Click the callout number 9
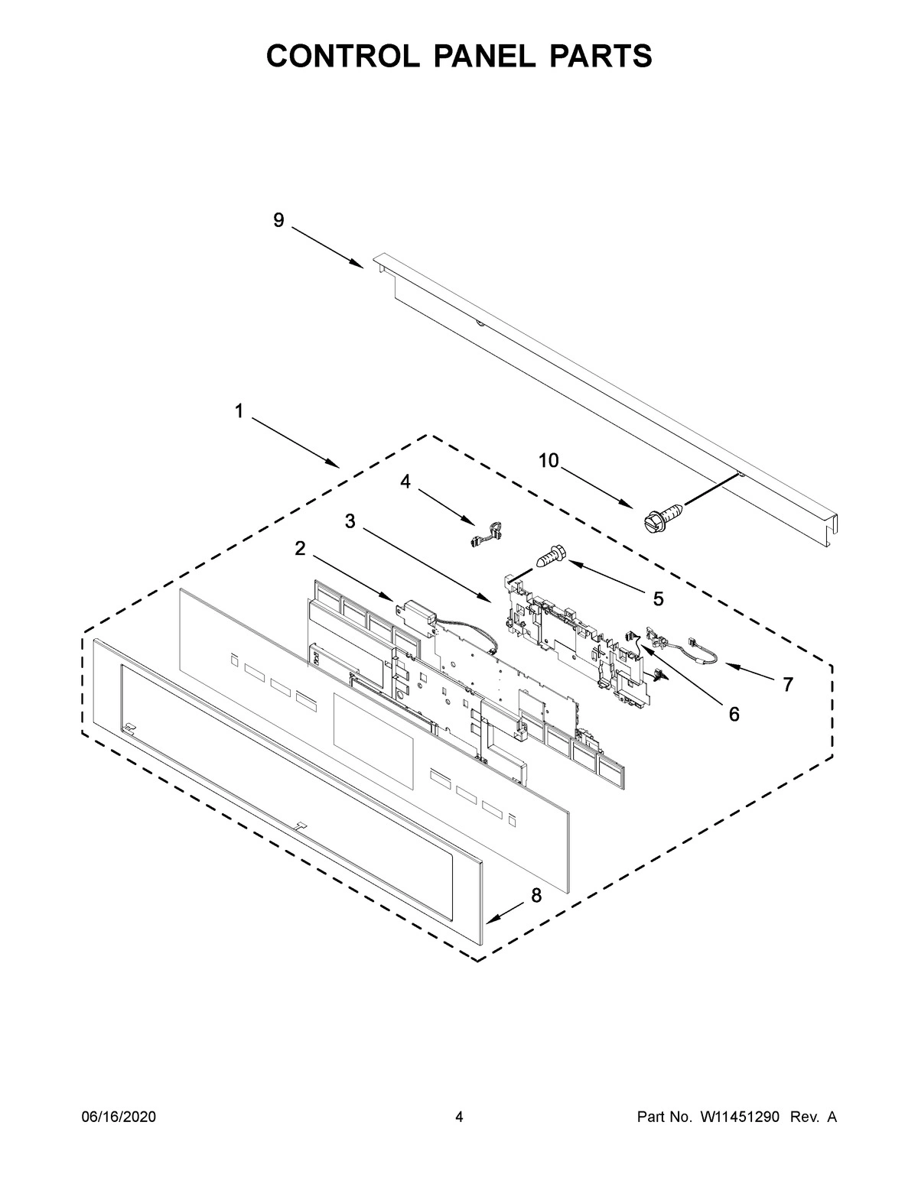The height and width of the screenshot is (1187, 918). click(278, 221)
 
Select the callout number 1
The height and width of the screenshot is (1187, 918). click(239, 412)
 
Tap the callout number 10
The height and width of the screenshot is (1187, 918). click(549, 460)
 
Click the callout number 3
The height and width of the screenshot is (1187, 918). click(350, 521)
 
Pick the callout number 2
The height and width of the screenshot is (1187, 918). click(300, 548)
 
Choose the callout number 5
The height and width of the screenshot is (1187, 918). click(658, 599)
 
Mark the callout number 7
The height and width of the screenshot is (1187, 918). click(787, 685)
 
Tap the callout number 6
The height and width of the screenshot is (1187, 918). click(734, 714)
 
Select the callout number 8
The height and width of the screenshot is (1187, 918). click(536, 896)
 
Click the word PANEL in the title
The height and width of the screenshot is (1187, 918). click(459, 56)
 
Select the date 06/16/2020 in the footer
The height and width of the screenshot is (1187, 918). click(119, 1117)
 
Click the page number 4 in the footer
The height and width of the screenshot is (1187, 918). click(459, 1117)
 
